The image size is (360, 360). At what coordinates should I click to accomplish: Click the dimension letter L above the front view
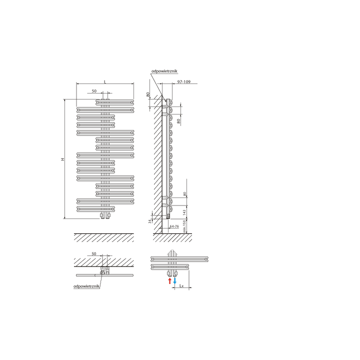[104, 81]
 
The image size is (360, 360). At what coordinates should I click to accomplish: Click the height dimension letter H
[63, 159]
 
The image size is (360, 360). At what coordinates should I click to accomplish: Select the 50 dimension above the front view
[94, 91]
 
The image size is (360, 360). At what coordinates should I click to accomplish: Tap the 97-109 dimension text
[183, 81]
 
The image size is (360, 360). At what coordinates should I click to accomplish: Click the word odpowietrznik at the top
[164, 71]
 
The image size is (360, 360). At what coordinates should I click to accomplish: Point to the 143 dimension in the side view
[185, 211]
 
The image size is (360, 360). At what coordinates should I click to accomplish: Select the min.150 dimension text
[185, 226]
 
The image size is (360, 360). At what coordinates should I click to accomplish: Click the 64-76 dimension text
[174, 226]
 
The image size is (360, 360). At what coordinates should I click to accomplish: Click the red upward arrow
[169, 281]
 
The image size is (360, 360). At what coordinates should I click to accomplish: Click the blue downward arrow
[175, 281]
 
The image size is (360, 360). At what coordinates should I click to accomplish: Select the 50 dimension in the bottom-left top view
[94, 254]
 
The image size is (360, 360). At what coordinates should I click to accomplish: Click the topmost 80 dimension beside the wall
[148, 94]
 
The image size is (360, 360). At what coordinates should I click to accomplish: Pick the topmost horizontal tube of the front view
[115, 101]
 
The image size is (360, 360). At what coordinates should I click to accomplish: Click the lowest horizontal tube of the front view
[105, 209]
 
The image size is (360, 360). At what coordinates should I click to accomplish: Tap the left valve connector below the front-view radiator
[102, 215]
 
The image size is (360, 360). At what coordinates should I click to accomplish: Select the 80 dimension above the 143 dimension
[185, 193]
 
